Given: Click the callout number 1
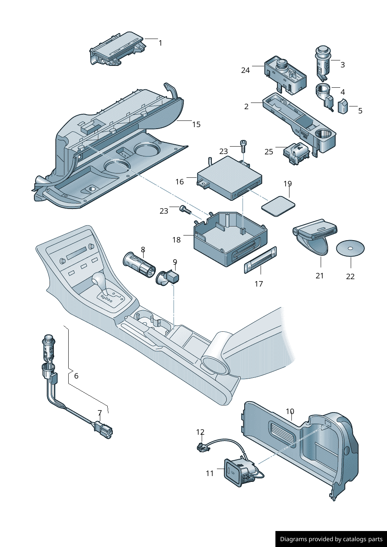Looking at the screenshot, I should point(160,43).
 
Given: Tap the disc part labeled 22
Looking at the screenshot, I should point(350,248).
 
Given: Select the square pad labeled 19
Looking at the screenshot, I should point(278,205).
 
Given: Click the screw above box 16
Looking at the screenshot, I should point(243,146).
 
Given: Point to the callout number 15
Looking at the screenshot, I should point(196,124).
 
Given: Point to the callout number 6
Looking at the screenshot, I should point(76,376).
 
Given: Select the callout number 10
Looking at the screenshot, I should point(290,411).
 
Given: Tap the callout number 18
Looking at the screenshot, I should point(176,240).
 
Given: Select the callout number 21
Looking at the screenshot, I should point(320,276).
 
